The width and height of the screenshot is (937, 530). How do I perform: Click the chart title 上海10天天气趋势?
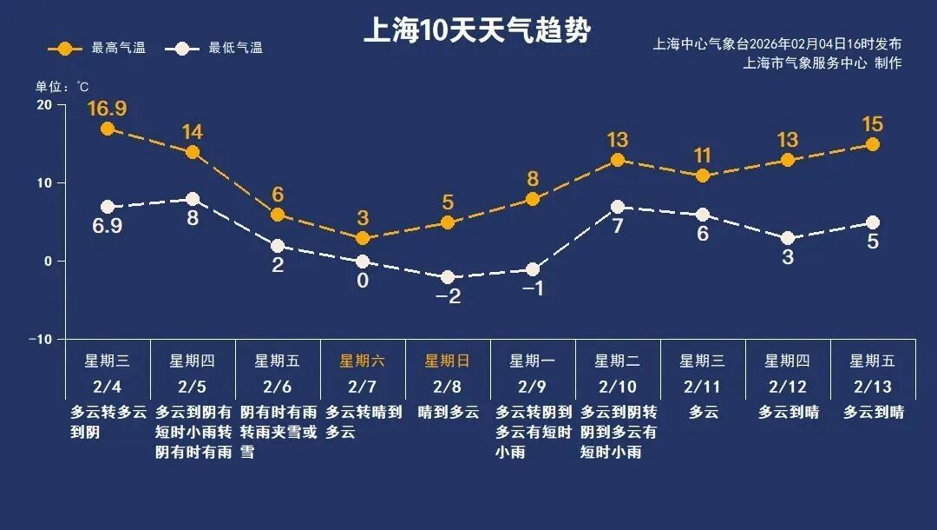point(476,31)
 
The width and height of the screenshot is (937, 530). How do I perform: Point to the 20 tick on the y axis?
point(43,105)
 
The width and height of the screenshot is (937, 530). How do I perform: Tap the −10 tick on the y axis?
point(40,339)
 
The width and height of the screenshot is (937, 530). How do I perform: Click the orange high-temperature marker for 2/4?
point(108,129)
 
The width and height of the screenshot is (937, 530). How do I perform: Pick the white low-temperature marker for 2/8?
point(448,277)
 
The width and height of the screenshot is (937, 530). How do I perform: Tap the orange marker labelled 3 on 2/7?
point(363,238)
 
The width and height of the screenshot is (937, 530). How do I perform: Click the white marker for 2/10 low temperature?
point(618,207)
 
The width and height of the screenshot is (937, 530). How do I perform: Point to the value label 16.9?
point(107,109)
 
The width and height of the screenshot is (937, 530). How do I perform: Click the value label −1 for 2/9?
point(533,288)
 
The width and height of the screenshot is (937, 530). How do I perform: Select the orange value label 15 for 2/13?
point(872,124)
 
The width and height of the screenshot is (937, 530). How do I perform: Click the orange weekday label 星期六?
point(362,361)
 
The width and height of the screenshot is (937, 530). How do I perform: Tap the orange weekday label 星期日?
point(447,361)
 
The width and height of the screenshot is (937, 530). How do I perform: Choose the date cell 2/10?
point(617,386)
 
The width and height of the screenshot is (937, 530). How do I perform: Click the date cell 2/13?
point(872,386)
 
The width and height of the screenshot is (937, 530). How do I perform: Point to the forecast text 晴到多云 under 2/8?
point(448,413)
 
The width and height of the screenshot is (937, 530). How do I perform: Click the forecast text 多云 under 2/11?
point(703,413)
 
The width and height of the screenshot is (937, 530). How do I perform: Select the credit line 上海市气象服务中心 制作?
point(822,63)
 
